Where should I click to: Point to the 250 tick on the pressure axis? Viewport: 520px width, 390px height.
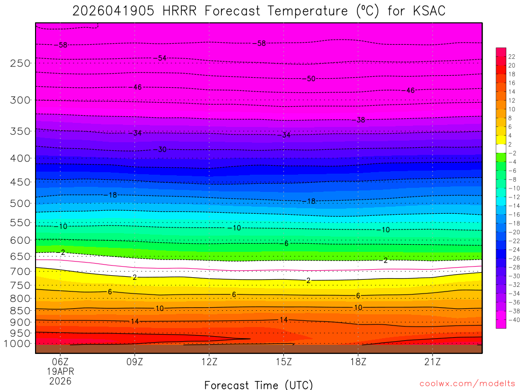click(20, 63)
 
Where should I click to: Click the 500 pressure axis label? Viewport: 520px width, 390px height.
click(20, 204)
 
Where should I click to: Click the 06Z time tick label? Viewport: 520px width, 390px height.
click(60, 362)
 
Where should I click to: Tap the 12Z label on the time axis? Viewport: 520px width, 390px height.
click(209, 362)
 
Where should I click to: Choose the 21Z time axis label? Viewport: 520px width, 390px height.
click(432, 362)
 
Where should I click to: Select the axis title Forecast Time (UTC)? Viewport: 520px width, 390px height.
click(258, 385)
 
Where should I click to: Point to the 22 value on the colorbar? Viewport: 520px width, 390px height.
click(512, 56)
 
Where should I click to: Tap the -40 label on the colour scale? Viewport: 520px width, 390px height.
click(513, 320)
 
